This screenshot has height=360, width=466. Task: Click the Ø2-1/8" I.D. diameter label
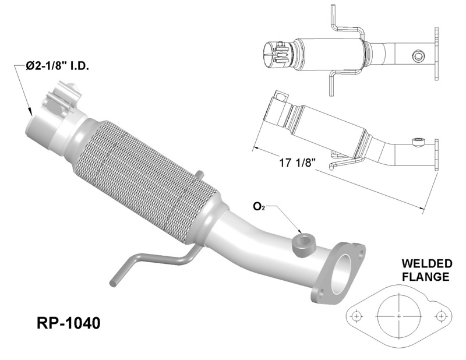click(57, 68)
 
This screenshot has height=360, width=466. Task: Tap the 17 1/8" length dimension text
click(297, 163)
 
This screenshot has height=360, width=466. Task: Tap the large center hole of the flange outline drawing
click(398, 315)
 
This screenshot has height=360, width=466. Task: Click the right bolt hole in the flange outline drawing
click(442, 316)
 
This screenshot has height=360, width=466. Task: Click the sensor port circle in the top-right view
click(417, 56)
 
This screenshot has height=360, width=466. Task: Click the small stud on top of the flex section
click(199, 174)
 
